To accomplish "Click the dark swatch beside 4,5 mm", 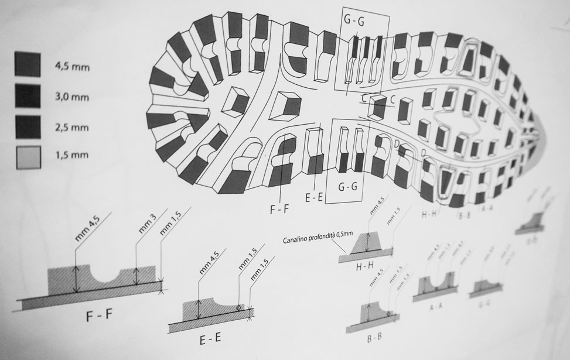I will coord(27,65).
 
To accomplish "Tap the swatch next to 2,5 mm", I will coord(27,126).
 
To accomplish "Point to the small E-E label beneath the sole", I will coord(315,198).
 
